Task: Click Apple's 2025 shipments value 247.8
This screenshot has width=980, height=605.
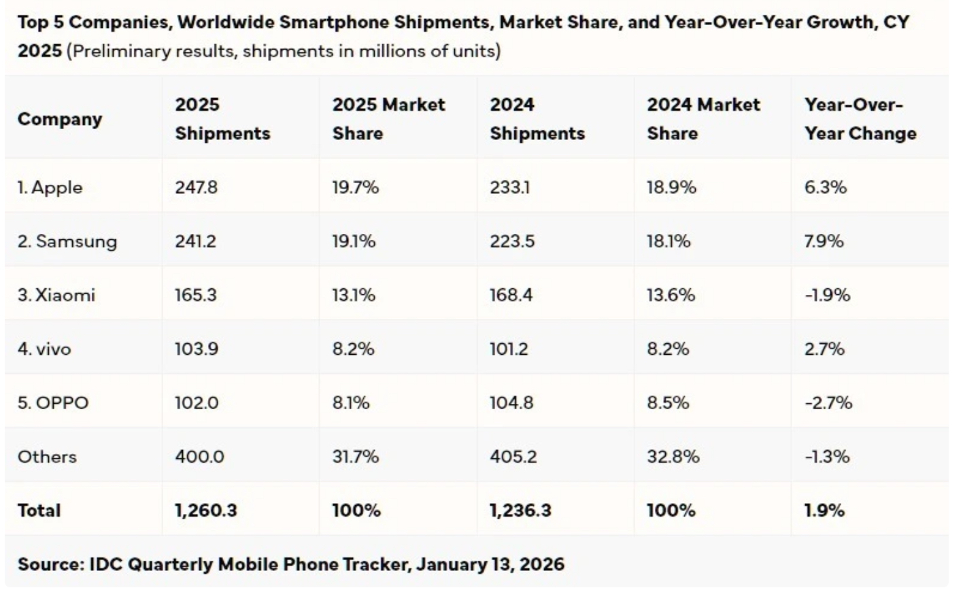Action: click(196, 188)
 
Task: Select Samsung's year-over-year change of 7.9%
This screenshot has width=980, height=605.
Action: click(824, 241)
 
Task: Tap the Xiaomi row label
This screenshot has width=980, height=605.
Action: click(56, 295)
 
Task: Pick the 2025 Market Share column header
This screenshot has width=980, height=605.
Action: click(388, 119)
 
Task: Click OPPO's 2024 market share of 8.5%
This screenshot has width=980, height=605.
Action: click(668, 402)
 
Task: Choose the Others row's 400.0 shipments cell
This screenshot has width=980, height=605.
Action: click(199, 456)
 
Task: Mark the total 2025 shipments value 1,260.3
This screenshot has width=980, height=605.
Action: click(205, 511)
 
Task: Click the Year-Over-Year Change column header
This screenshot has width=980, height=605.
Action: click(860, 119)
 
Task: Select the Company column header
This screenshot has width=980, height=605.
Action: click(60, 119)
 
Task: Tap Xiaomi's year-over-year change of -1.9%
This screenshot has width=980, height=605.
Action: click(827, 295)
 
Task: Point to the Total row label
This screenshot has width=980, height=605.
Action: click(39, 511)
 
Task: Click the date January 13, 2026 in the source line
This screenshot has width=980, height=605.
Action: click(490, 564)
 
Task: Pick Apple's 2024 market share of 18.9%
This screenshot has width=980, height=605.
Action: click(671, 188)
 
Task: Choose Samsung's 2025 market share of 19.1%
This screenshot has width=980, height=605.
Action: click(354, 241)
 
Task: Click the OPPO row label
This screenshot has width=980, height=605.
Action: click(53, 402)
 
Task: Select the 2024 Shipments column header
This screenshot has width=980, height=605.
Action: click(537, 119)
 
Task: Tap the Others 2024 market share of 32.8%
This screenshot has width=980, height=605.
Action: click(673, 456)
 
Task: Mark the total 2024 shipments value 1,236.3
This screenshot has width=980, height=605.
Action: click(520, 511)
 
